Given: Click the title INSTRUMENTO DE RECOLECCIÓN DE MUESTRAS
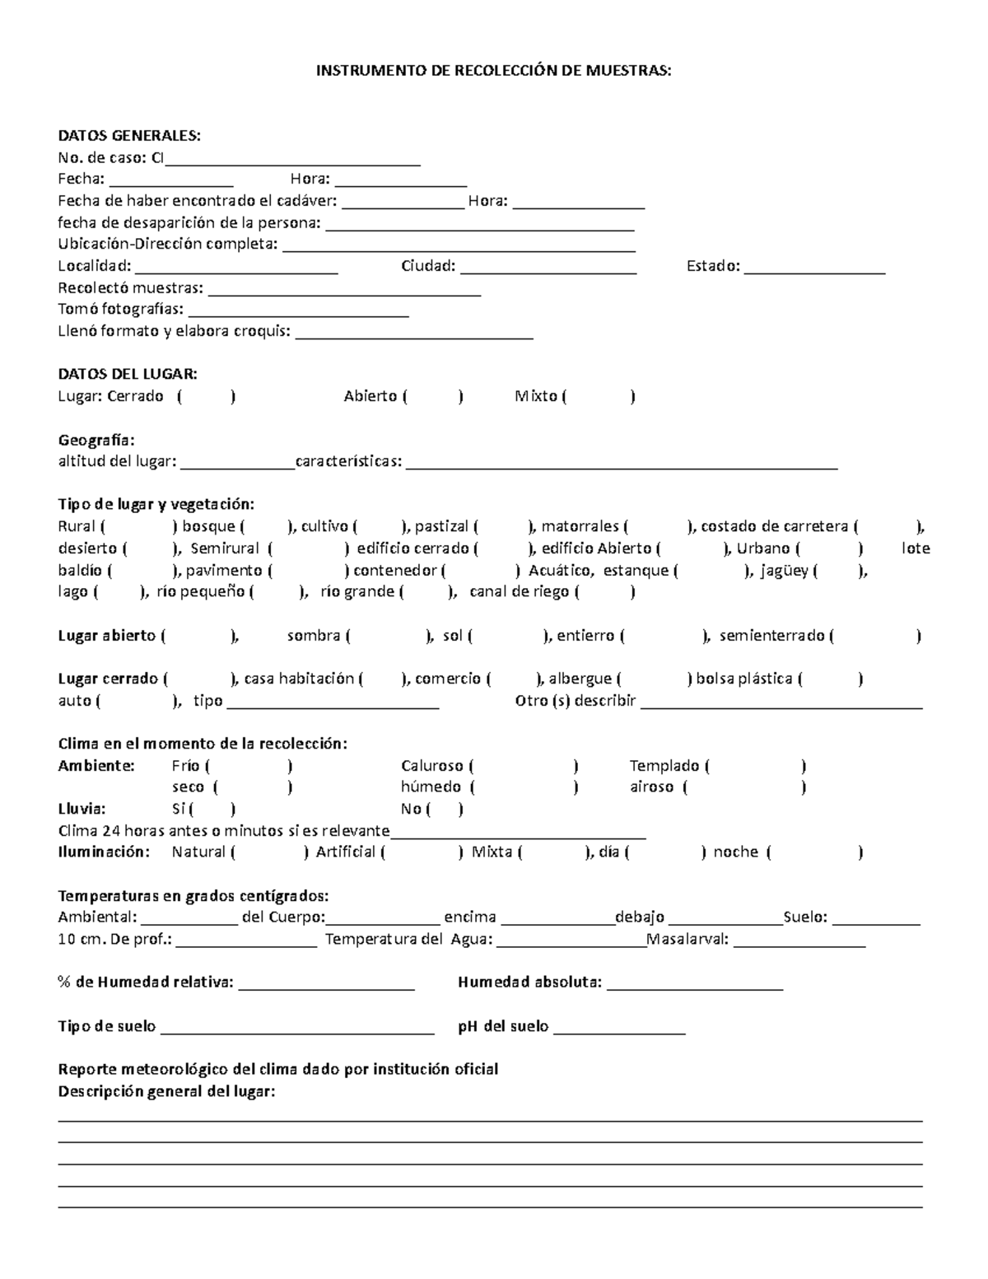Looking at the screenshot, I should (x=494, y=71).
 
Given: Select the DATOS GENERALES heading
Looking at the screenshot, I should (x=128, y=136).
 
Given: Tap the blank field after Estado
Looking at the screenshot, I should (x=814, y=267).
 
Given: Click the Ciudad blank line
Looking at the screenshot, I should (x=548, y=267).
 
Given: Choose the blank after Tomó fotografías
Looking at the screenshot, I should (x=298, y=310).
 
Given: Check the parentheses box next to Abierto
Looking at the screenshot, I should (x=433, y=397).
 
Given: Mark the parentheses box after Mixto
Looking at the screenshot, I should (x=599, y=397).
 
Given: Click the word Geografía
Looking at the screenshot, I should (x=96, y=440).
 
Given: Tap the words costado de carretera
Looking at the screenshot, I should (x=774, y=527).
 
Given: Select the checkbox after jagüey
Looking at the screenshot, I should (x=838, y=571).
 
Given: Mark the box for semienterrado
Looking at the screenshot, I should (x=874, y=636).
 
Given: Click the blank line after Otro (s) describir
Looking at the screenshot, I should (x=781, y=702).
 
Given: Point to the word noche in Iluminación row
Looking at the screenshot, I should (x=735, y=852).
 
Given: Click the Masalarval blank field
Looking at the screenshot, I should (x=799, y=941).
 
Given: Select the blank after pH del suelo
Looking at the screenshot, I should (x=619, y=1027).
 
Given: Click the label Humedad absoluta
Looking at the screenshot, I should (x=529, y=983).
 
